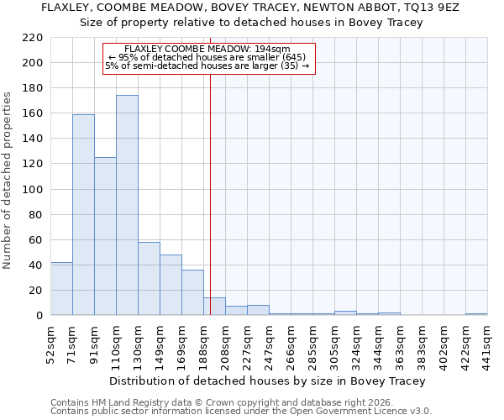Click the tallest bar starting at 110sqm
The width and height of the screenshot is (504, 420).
[x=127, y=205]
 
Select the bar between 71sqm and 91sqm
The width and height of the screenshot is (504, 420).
[x=83, y=214]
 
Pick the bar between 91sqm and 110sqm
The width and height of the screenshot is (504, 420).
[x=105, y=236]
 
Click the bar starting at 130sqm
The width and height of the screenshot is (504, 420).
[x=149, y=278]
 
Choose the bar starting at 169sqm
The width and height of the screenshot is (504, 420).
[x=192, y=292]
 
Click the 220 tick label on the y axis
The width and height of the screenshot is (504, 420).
[x=33, y=38]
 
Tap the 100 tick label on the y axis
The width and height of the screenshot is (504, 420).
[x=33, y=190]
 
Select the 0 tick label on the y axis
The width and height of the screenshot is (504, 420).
[x=39, y=316]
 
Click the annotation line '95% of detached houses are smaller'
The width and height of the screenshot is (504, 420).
[x=207, y=57]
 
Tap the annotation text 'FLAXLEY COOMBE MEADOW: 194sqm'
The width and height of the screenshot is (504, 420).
[x=207, y=49]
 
